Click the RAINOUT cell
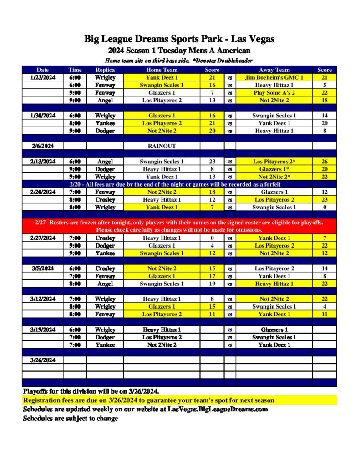click(x=162, y=146)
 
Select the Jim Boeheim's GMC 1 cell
click(x=274, y=77)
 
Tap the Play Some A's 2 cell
click(x=274, y=93)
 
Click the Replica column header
click(x=105, y=70)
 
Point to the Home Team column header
click(x=162, y=70)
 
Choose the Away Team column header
click(x=274, y=70)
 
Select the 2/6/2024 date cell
click(x=43, y=146)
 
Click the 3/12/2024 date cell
click(x=43, y=299)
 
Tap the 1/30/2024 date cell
click(x=43, y=116)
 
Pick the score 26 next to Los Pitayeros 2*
click(x=325, y=162)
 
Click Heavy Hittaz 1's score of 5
click(x=325, y=85)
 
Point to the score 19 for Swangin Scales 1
click(x=212, y=284)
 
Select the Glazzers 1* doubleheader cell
click(x=274, y=169)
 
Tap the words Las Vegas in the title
click(x=251, y=39)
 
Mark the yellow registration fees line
click(x=149, y=400)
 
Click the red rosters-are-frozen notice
click(x=179, y=226)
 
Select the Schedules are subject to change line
click(x=71, y=418)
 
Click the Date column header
click(x=43, y=70)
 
